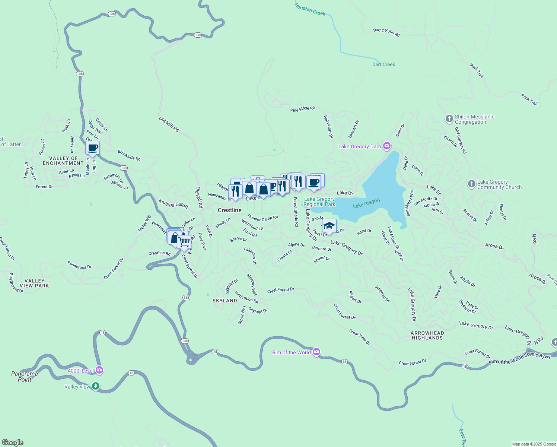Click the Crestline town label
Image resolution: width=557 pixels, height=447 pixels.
(230, 210)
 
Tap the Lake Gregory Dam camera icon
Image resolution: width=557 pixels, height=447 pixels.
(387, 146)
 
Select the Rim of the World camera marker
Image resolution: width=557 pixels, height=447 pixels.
(316, 352)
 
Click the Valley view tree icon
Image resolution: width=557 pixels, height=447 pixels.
(96, 386)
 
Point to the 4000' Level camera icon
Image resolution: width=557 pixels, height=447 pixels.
(99, 370)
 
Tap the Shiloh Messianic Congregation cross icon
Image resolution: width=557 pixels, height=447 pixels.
(449, 119)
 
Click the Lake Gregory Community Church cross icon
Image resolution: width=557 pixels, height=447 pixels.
(471, 184)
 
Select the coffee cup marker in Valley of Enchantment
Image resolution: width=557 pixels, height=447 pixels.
(92, 148)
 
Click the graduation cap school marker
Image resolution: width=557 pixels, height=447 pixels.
(329, 226)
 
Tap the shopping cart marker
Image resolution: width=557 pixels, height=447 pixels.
(184, 242)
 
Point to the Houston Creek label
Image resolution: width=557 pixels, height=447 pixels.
(310, 9)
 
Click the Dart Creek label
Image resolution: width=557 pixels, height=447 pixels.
(383, 64)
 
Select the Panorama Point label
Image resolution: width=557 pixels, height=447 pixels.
(25, 377)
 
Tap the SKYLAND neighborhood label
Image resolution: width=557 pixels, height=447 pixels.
(225, 301)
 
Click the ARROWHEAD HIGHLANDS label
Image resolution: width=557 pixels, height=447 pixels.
(427, 336)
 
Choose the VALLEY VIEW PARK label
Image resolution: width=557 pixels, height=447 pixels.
(34, 283)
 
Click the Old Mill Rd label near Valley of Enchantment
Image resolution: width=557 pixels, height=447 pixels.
(169, 124)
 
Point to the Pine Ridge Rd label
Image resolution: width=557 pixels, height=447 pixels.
(302, 109)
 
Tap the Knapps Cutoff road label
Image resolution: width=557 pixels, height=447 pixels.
(174, 204)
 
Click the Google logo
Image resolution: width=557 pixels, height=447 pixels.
(13, 443)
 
